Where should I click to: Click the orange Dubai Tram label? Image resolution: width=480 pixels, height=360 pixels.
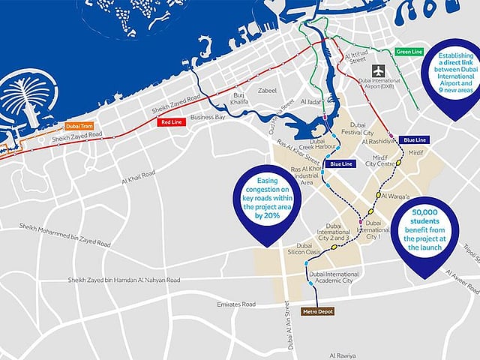80,127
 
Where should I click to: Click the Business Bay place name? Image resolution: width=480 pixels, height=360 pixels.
208,118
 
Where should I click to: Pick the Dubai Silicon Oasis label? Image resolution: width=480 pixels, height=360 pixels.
308,250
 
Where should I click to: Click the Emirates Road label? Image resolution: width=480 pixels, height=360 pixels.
233,304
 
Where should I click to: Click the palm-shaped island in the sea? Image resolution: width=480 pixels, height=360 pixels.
26,101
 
